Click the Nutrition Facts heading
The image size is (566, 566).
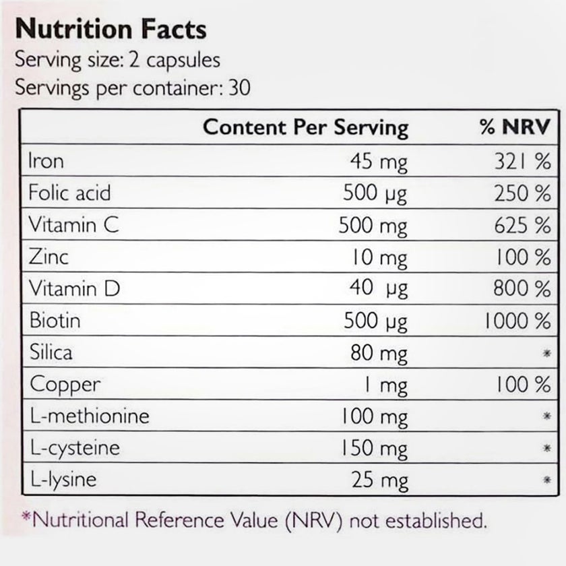point(111,30)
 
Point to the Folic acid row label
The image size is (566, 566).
point(69,193)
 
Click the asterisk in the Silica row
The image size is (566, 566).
point(546,353)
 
